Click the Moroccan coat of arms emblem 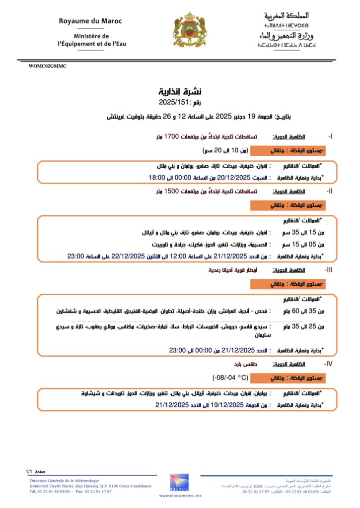(189, 30)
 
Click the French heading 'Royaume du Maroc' (90, 21)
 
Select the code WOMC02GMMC (48, 66)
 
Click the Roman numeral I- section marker (330, 136)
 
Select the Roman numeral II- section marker (329, 191)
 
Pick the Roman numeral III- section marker (329, 270)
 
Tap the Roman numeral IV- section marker (329, 364)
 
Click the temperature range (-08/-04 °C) (230, 378)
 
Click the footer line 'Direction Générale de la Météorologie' (64, 481)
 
